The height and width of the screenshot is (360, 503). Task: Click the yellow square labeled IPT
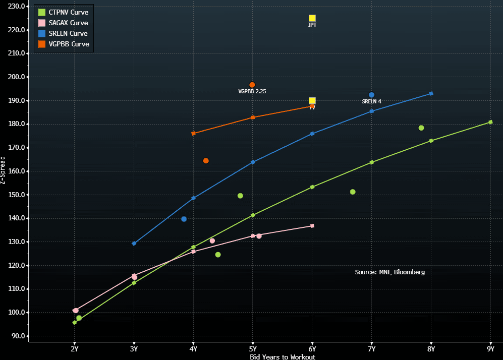pos(312,18)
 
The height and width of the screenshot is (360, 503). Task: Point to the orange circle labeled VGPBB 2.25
pos(252,85)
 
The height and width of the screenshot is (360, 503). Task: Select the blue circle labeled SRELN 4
pos(372,95)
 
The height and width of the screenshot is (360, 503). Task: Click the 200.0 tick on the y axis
pos(17,77)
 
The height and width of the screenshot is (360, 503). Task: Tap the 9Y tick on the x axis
pos(490,349)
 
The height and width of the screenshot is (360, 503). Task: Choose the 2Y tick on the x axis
pos(75,349)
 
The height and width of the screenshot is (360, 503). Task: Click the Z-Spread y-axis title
pos(4,170)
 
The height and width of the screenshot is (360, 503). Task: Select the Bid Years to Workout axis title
pos(283,357)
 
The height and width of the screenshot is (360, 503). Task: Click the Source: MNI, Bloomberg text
pos(389,272)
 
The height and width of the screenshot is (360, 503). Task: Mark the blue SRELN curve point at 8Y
pos(431,93)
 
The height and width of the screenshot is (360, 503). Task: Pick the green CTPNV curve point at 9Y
pos(490,122)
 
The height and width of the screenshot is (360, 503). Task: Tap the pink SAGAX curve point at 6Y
pos(312,226)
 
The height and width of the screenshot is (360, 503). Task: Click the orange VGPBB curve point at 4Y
pos(193,134)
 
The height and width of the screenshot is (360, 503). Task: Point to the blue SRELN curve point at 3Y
pos(134,244)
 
